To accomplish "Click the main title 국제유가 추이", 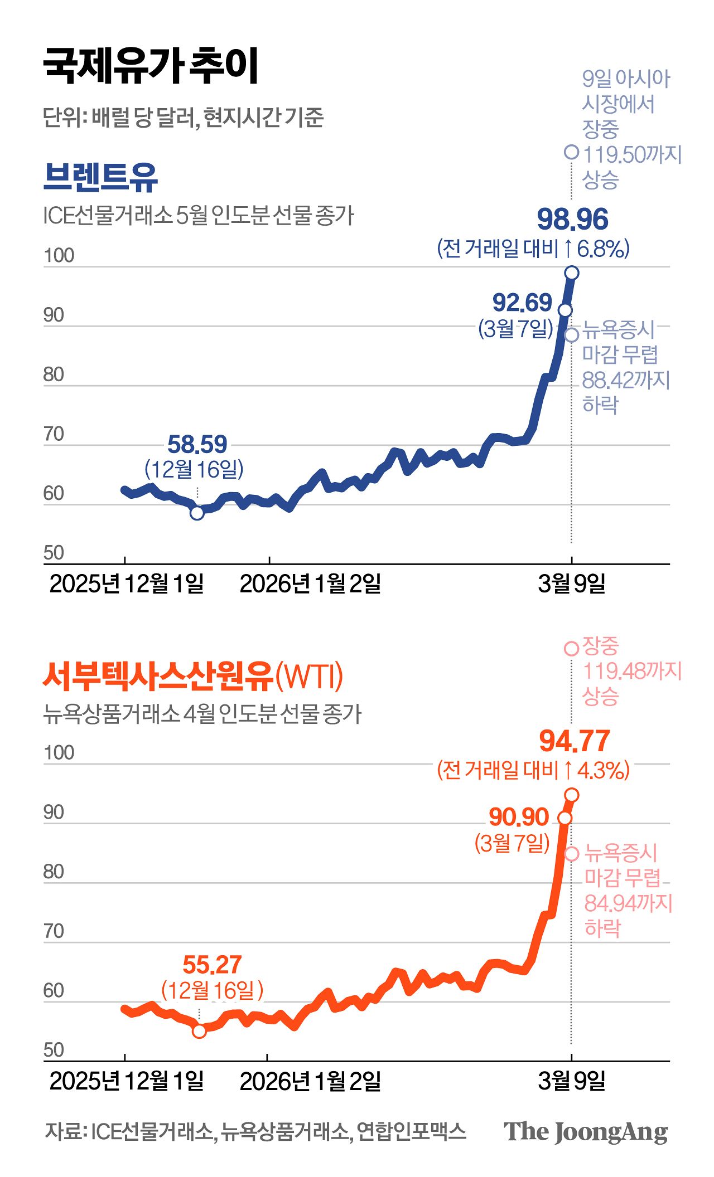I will point(151,66).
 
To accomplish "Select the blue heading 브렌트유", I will point(100,177).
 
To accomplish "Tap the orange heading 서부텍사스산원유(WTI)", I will point(192,676).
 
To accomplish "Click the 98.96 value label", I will point(572,220).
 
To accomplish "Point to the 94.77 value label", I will point(575,741).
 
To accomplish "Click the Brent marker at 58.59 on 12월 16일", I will point(197,513).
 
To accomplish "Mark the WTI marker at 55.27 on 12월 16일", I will point(199,1031).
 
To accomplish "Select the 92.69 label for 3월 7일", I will point(522,303).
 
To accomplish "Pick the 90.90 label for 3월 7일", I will point(519,817).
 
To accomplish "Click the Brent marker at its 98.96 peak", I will point(572,273).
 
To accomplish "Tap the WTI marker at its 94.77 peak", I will point(572,795).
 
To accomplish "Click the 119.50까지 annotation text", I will point(632,154).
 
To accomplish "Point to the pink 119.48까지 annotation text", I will point(632,671).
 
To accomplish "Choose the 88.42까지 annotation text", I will point(625,380).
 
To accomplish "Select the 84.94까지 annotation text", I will point(628,903).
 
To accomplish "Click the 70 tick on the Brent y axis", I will point(54,434).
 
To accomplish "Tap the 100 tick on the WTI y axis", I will point(59,753).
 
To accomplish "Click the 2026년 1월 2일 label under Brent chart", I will point(310,584).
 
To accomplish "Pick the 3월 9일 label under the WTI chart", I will point(572,1081).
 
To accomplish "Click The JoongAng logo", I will point(585,1131).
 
